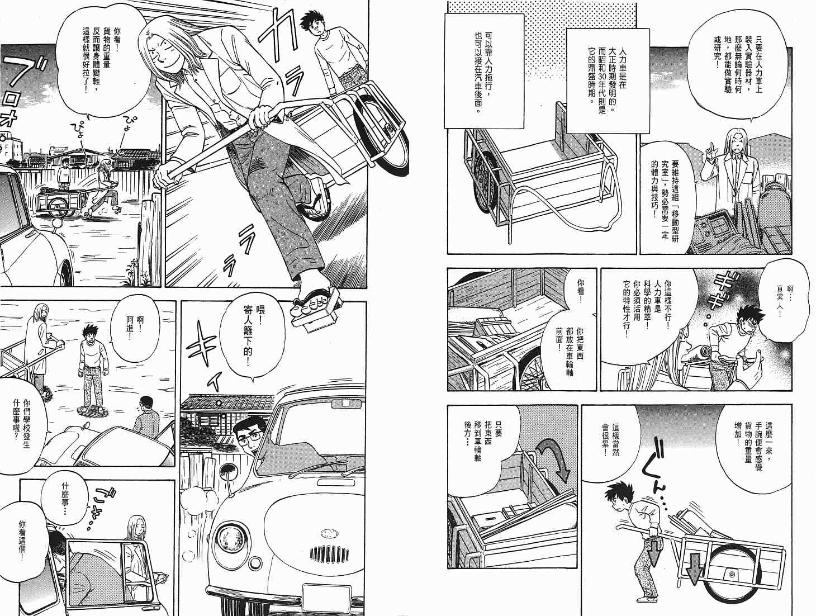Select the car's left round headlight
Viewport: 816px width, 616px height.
[230, 539]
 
